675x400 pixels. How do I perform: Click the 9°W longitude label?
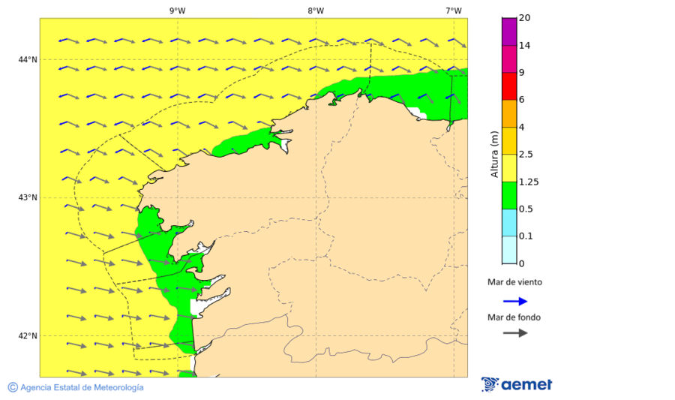pos(177,11)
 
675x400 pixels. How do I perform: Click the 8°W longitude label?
pos(315,11)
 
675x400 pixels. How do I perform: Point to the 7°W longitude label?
pos(453,11)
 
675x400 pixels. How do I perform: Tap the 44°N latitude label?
pos(28,59)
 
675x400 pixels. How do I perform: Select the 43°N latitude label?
pos(28,197)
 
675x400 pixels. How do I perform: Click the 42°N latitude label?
pos(28,335)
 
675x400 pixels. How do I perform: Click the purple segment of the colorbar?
pos(509,32)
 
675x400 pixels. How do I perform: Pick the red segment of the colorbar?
pos(509,86)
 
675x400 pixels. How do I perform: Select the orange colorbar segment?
pos(509,113)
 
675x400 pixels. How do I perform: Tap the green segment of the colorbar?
pos(509,195)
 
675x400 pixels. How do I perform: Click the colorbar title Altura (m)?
pos(493,154)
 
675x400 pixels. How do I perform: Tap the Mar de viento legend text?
pos(514,283)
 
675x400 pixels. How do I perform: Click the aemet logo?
pos(517,384)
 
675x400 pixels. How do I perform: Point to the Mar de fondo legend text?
pos(514,317)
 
